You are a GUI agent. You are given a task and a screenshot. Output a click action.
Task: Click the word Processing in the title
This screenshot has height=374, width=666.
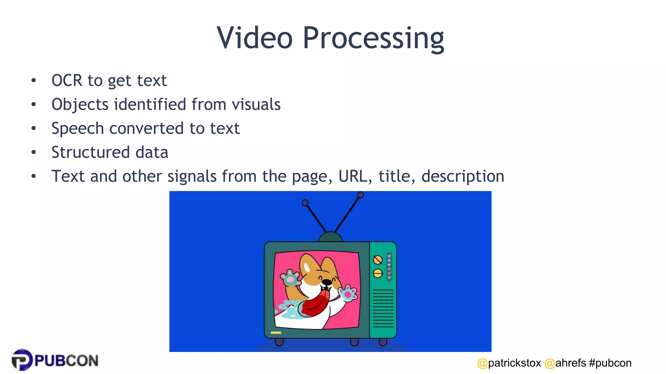pyautogui.click(x=373, y=38)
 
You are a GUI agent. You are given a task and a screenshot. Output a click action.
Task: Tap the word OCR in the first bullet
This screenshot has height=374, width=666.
pyautogui.click(x=67, y=81)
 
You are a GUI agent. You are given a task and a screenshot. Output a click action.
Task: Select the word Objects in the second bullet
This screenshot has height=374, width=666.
pyautogui.click(x=80, y=105)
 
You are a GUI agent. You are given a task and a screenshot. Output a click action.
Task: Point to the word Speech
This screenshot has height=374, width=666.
pyautogui.click(x=77, y=129)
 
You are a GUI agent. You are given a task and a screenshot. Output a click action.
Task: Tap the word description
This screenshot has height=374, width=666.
pyautogui.click(x=462, y=176)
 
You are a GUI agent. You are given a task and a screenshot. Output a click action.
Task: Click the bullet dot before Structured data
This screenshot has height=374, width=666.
pyautogui.click(x=33, y=152)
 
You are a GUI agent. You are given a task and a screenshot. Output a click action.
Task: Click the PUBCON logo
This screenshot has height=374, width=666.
pyautogui.click(x=55, y=360)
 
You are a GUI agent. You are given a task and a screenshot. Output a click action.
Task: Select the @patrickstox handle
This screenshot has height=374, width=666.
pyautogui.click(x=509, y=363)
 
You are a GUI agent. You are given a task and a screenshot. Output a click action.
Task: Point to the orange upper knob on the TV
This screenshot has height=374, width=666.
pyautogui.click(x=378, y=260)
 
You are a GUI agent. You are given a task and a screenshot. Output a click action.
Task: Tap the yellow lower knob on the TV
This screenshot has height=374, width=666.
pyautogui.click(x=378, y=273)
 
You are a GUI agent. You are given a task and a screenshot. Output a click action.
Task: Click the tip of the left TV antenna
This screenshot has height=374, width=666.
pyautogui.click(x=305, y=203)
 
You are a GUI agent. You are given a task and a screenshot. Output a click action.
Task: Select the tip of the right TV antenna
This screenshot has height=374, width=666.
pyautogui.click(x=360, y=195)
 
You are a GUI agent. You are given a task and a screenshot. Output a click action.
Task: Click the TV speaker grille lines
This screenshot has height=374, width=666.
pyautogui.click(x=383, y=308)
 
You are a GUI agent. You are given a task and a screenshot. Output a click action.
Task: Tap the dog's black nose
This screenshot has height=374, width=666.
pyautogui.click(x=326, y=282)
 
